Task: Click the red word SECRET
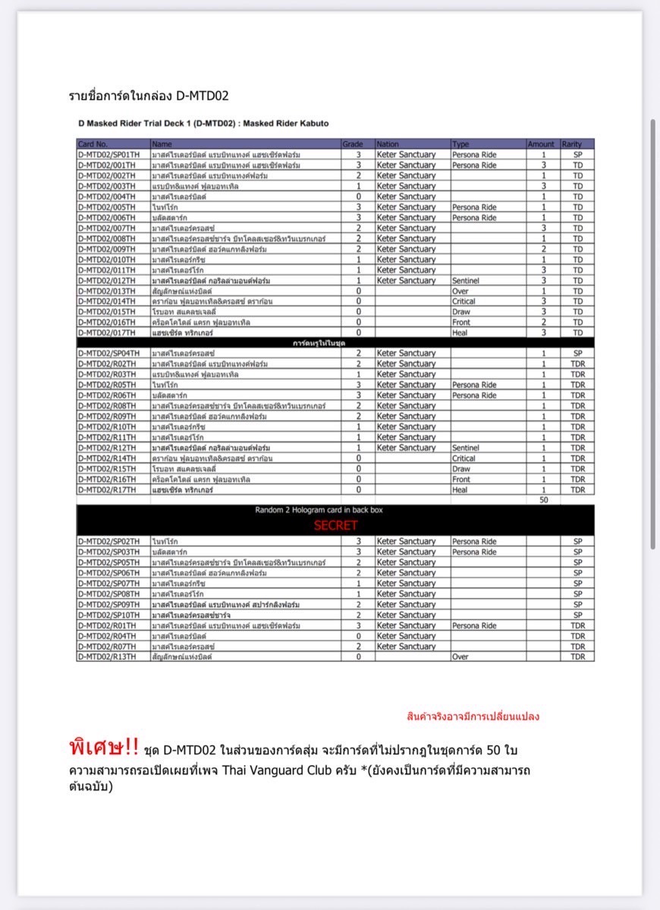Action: tap(335, 525)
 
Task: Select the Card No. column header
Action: tap(93, 143)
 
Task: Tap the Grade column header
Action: tap(353, 143)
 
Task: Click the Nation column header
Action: tap(388, 143)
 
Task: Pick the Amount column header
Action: tap(541, 143)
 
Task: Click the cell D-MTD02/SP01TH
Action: tap(108, 154)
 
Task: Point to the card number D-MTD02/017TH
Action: tap(106, 333)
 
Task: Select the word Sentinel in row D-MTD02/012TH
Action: tap(466, 281)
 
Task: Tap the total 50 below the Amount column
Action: tap(543, 500)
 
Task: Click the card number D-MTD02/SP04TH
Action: tap(108, 354)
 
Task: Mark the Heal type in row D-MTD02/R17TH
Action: tap(461, 490)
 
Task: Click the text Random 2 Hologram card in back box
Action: tap(335, 511)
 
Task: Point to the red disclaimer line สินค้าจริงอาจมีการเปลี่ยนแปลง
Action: tap(473, 716)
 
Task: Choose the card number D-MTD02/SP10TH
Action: tap(108, 615)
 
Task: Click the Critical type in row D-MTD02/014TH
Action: tap(464, 301)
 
